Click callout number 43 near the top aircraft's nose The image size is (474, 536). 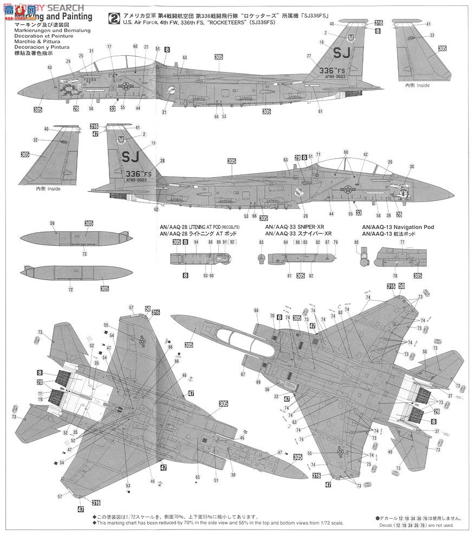[x=49, y=67]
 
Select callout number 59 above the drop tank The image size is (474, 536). [x=53, y=224]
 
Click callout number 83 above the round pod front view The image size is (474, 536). [x=261, y=242]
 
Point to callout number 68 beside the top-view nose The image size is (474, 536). [x=256, y=310]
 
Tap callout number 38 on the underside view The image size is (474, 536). [x=233, y=475]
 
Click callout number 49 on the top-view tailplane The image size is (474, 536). [x=389, y=452]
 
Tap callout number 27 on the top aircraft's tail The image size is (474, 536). [x=309, y=56]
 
